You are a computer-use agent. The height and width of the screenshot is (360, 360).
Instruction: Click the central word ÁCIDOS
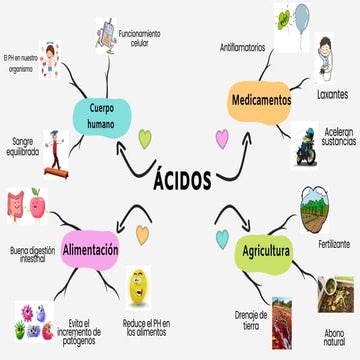point(182,180)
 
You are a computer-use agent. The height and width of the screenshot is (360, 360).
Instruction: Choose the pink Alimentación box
point(90,249)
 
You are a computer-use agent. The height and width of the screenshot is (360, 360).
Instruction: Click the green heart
point(144,138)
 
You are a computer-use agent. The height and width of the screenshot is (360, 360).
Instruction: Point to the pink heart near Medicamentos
point(222,137)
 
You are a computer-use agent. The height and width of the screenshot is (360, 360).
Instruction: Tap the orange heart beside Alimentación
point(143,234)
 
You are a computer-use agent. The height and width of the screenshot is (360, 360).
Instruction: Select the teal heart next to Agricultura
point(222,237)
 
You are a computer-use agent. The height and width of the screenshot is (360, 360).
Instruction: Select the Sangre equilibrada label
point(24,146)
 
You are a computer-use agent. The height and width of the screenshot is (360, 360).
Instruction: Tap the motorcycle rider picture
point(305,145)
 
